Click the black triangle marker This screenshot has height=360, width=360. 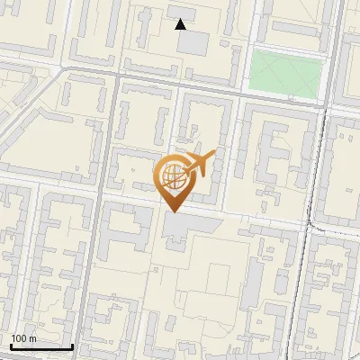[181, 24]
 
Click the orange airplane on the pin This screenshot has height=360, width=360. [200, 163]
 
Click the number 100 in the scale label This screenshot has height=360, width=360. [19, 337]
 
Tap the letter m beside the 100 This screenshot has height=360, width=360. [33, 337]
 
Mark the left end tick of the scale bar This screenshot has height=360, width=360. [11, 346]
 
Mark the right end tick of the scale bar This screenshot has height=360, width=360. [73, 346]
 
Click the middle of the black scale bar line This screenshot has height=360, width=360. [41, 346]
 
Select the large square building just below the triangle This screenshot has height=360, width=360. [193, 41]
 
